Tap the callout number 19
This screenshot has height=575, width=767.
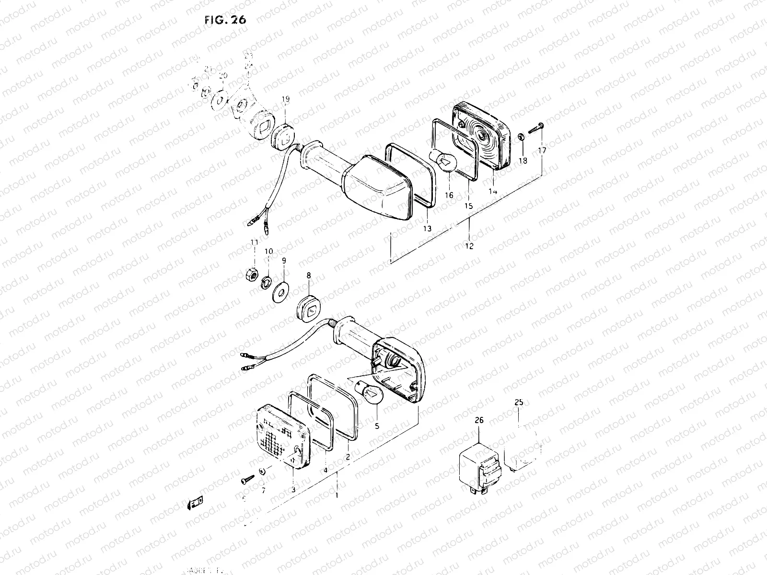point(285,99)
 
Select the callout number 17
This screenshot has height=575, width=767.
point(542,150)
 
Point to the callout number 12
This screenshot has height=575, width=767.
point(469,246)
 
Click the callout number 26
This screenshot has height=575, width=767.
point(479,420)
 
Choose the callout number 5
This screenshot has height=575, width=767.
point(377,425)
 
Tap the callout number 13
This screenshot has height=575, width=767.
point(427,229)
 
